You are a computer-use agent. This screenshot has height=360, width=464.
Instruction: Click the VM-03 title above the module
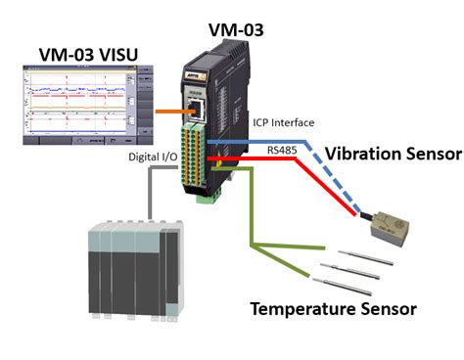(x=236, y=28)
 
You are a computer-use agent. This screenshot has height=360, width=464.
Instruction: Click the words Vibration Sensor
(x=392, y=153)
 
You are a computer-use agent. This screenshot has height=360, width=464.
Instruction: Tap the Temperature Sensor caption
(x=332, y=309)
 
